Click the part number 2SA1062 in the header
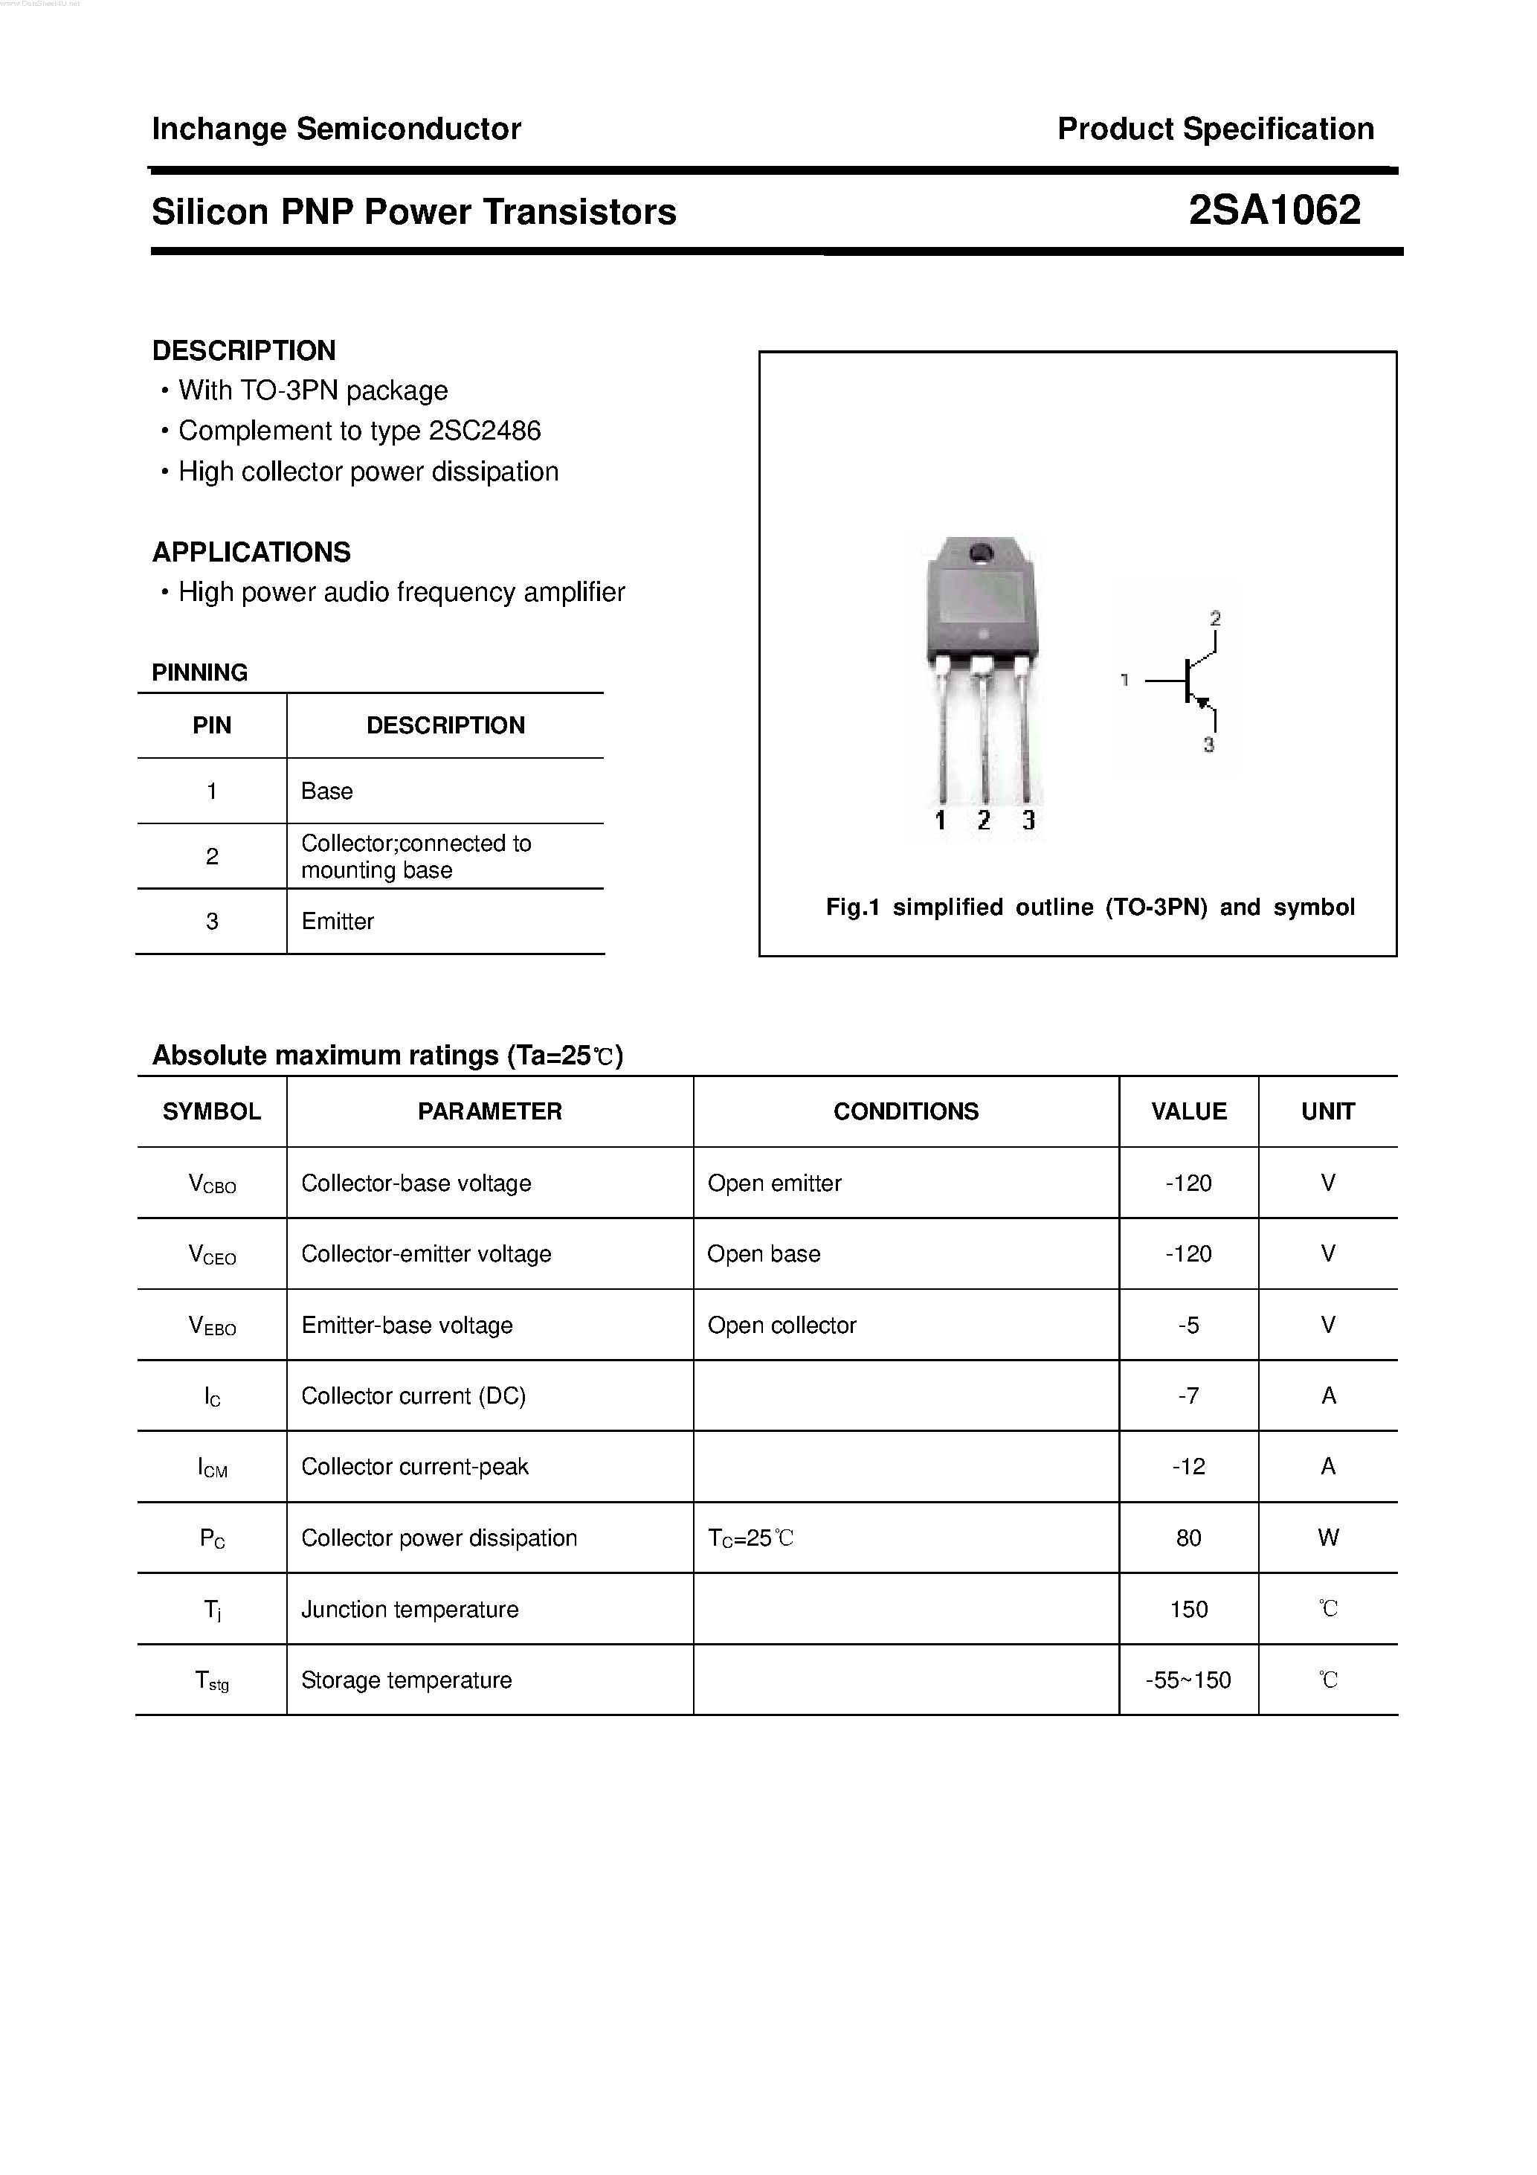pyautogui.click(x=1274, y=211)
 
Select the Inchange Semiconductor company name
pyautogui.click(x=336, y=129)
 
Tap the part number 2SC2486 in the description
pyautogui.click(x=484, y=431)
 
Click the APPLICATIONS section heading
pyautogui.click(x=251, y=551)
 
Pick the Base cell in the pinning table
pyautogui.click(x=326, y=791)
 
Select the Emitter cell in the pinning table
pyautogui.click(x=337, y=921)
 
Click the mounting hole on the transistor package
pyautogui.click(x=981, y=551)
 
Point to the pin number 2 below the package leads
pyautogui.click(x=984, y=820)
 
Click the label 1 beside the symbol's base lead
pyautogui.click(x=1124, y=679)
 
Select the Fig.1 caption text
pyautogui.click(x=1090, y=907)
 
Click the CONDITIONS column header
pyautogui.click(x=906, y=1111)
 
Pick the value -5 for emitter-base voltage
pyautogui.click(x=1188, y=1326)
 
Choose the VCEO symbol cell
pyautogui.click(x=212, y=1254)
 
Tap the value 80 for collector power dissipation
pyautogui.click(x=1188, y=1538)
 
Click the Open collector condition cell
pyautogui.click(x=782, y=1326)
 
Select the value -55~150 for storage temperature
pyautogui.click(x=1188, y=1680)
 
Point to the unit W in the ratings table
pyautogui.click(x=1328, y=1538)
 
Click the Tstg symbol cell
pyautogui.click(x=212, y=1680)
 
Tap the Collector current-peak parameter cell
pyautogui.click(x=415, y=1466)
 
